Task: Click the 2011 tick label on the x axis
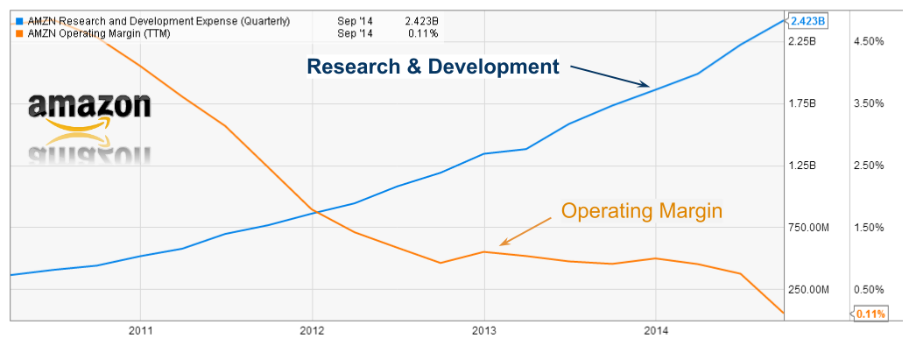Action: click(140, 331)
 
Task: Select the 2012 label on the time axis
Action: click(312, 331)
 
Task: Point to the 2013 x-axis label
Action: click(483, 331)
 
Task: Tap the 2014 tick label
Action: click(656, 331)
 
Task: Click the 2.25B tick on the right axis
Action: click(802, 41)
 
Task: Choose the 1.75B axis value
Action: click(802, 103)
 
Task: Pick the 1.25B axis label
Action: click(802, 166)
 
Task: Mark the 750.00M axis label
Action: click(807, 228)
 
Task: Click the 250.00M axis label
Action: click(807, 290)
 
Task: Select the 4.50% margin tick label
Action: click(870, 41)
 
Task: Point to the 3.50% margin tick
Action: click(870, 103)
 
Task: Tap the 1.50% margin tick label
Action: click(870, 228)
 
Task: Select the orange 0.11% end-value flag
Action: click(870, 314)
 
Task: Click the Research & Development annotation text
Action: click(433, 67)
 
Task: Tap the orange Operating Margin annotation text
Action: click(641, 211)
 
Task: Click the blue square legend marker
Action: click(19, 20)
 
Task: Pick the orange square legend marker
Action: click(19, 32)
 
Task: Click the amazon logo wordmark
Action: click(89, 107)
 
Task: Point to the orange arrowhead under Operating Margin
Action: click(503, 243)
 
